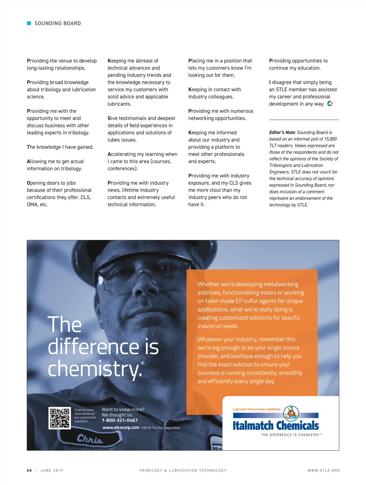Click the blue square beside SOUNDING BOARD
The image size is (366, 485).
pyautogui.click(x=29, y=23)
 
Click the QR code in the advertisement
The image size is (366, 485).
pyautogui.click(x=60, y=418)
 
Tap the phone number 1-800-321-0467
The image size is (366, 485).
pyautogui.click(x=120, y=420)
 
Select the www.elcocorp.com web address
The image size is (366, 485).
pyautogui.click(x=121, y=428)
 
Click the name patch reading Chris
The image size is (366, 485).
pyautogui.click(x=90, y=439)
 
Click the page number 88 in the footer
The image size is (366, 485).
pyautogui.click(x=29, y=470)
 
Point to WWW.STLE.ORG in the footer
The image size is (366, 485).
pyautogui.click(x=324, y=470)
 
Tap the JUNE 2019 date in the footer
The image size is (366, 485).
pyautogui.click(x=52, y=470)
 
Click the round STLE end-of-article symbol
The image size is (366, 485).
pyautogui.click(x=330, y=104)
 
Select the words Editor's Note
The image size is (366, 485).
pyautogui.click(x=282, y=133)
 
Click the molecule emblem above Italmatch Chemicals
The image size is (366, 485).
pyautogui.click(x=291, y=413)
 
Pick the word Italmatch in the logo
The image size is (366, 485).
pyautogui.click(x=253, y=425)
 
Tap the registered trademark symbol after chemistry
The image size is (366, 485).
pyautogui.click(x=142, y=363)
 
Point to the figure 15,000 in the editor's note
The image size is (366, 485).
pyautogui.click(x=330, y=139)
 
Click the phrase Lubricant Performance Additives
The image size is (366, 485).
pyautogui.click(x=257, y=409)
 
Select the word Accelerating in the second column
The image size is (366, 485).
pyautogui.click(x=122, y=154)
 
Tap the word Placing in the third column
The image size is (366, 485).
pyautogui.click(x=196, y=61)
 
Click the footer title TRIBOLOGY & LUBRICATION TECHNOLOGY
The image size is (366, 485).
pyautogui.click(x=183, y=470)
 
